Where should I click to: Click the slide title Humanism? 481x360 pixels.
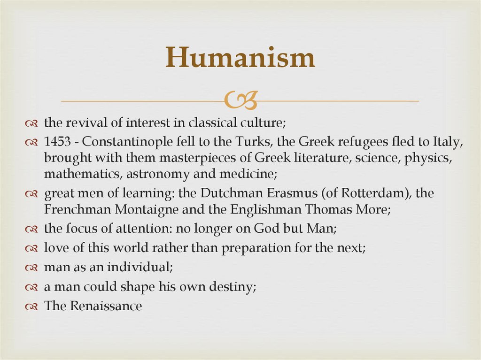pos(240,58)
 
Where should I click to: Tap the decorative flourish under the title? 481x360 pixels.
pos(240,100)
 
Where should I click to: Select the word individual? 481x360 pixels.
pos(140,268)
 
